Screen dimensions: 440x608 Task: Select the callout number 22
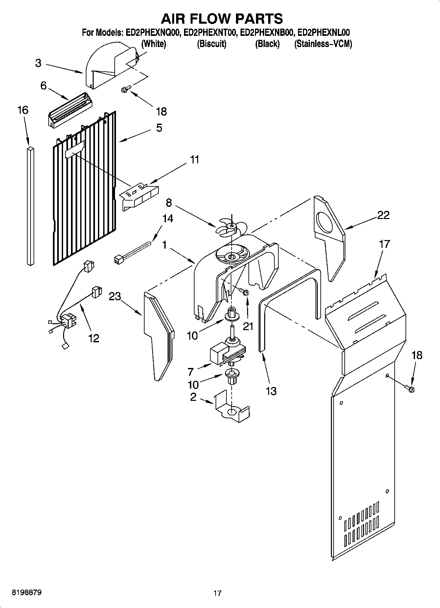(x=383, y=215)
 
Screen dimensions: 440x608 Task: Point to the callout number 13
(x=271, y=391)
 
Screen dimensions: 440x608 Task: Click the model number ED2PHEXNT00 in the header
(x=210, y=33)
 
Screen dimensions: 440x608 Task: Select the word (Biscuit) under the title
(x=211, y=44)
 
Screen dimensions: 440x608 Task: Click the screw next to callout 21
(x=244, y=291)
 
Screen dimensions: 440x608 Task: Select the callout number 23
(x=115, y=297)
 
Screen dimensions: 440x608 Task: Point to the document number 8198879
(x=27, y=593)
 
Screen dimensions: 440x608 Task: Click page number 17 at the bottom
(x=217, y=593)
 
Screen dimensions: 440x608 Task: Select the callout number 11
(x=195, y=160)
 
